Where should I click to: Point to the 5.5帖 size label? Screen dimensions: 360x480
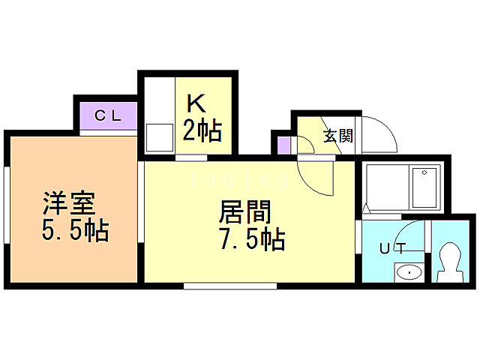[x=75, y=229]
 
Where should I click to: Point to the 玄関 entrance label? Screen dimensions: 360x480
[x=338, y=136]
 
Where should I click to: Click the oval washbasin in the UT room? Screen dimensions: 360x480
[x=409, y=271]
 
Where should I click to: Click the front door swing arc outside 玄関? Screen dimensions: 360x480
[x=379, y=134]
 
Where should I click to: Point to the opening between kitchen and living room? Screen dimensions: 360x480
[x=191, y=158]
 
